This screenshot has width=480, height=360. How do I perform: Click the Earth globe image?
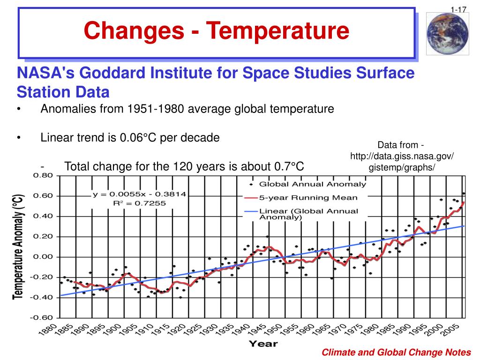(x=447, y=34)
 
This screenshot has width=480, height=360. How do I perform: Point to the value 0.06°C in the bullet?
(x=138, y=138)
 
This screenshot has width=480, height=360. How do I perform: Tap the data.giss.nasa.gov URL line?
(x=402, y=156)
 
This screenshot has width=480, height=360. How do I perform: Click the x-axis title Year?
(x=262, y=344)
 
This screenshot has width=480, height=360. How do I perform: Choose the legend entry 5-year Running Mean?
(x=308, y=198)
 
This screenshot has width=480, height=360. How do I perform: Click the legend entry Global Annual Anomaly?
(x=313, y=184)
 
